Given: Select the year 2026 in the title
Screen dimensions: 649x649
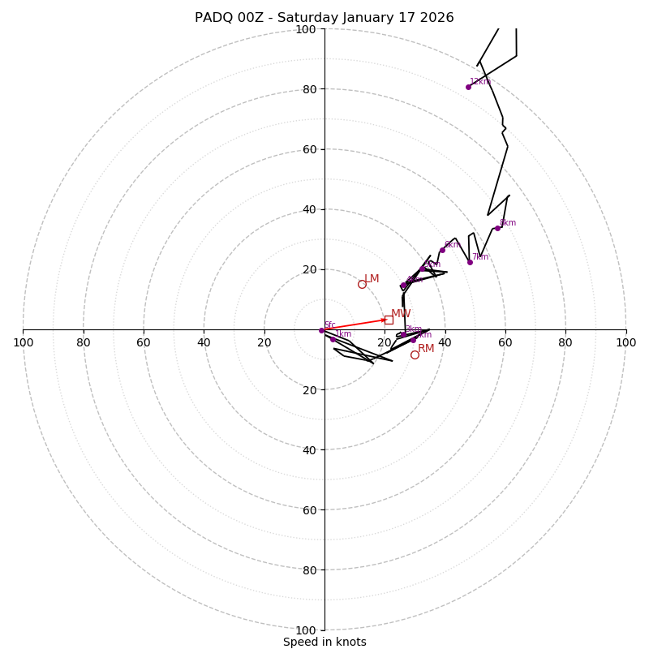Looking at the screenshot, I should [437, 18].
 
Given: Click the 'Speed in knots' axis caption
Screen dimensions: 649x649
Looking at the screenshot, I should [324, 642].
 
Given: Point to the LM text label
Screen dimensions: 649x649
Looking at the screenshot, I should [372, 279].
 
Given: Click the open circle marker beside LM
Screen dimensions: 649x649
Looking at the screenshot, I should [362, 284].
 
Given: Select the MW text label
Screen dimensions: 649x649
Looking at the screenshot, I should [401, 314].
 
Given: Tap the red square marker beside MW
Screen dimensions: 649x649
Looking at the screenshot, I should [389, 320].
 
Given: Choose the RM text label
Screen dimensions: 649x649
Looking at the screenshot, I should [426, 349].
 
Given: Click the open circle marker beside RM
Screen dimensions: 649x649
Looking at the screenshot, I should [415, 355].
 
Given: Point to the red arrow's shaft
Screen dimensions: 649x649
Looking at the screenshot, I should [353, 324].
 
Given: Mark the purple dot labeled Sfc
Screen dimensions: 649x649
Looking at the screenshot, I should [321, 330].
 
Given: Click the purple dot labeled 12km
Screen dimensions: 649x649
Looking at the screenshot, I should [468, 87].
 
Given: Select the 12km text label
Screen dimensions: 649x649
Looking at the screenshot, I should [480, 82].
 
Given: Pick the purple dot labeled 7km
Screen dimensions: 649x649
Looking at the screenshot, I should [470, 262].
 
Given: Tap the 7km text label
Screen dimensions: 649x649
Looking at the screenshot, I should [480, 257].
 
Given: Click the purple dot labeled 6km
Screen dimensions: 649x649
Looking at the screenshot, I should [442, 250].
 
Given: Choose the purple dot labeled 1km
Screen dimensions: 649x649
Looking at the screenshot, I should [333, 339].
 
